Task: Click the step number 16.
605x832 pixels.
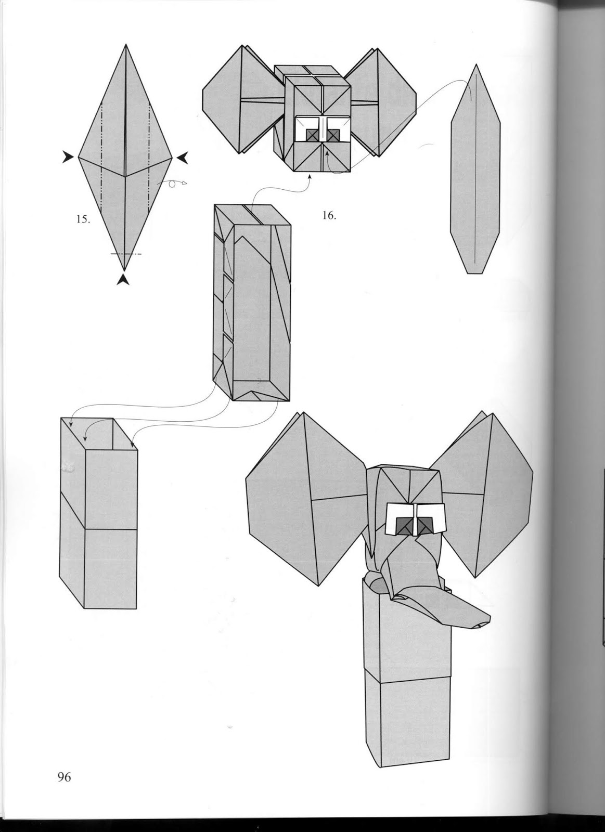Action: [329, 215]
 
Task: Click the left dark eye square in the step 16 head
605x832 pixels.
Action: [312, 135]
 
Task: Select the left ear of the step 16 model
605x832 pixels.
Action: [237, 99]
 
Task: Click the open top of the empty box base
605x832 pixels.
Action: [99, 434]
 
